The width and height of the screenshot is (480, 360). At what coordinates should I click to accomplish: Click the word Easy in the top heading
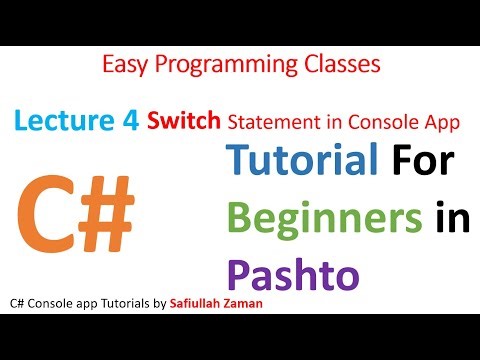126,66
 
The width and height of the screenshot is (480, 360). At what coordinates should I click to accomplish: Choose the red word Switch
185,122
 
